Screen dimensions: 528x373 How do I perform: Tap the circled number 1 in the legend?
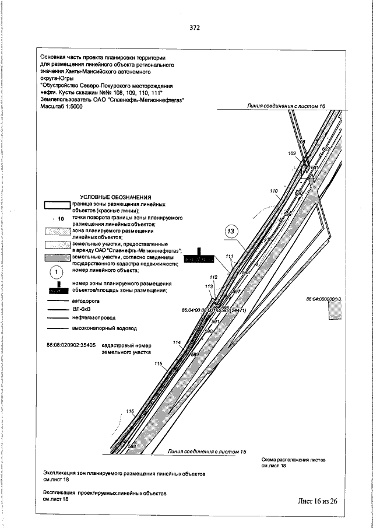coord(57,272)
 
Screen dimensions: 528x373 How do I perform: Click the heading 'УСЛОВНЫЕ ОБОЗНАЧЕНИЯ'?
coord(115,197)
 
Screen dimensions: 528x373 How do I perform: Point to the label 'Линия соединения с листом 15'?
coord(207,452)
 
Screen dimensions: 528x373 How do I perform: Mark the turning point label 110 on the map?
coord(274,191)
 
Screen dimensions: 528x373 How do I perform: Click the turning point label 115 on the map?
coord(158,363)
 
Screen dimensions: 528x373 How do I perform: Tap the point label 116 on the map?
coord(130,411)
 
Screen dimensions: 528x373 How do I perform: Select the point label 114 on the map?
coord(177,342)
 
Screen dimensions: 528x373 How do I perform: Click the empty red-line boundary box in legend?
coord(56,206)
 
